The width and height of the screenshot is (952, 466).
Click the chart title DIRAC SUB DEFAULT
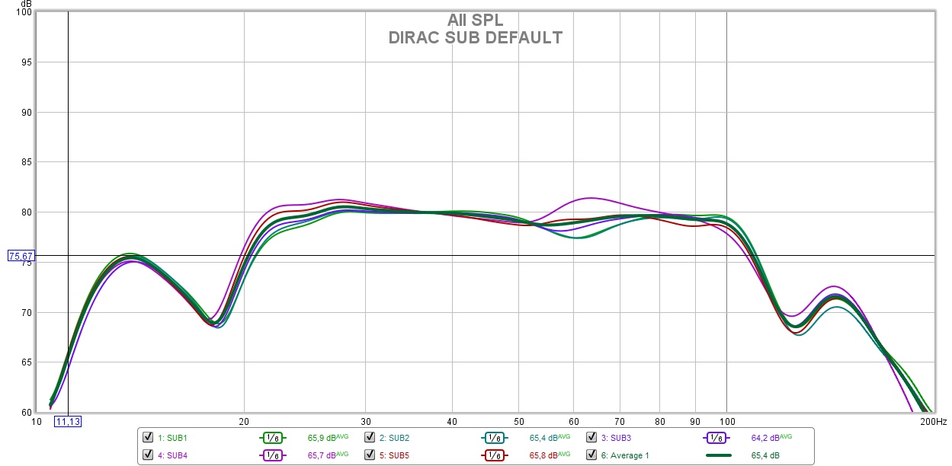click(x=475, y=37)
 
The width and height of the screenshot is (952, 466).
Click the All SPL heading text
click(x=475, y=20)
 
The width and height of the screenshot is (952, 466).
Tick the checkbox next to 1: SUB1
click(x=148, y=438)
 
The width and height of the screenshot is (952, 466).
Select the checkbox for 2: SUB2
click(x=370, y=438)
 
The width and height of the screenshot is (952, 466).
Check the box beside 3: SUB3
click(x=591, y=438)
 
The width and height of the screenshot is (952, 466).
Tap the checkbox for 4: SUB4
click(x=148, y=455)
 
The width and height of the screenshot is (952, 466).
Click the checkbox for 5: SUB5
click(x=370, y=455)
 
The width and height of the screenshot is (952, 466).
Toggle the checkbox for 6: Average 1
click(x=591, y=455)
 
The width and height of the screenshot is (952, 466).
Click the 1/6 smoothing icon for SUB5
click(x=494, y=455)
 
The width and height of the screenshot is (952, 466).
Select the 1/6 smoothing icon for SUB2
click(x=494, y=438)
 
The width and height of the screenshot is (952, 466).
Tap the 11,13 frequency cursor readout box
click(x=68, y=421)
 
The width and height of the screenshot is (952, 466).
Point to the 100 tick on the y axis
click(x=23, y=13)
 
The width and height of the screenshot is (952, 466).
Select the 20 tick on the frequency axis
click(x=244, y=420)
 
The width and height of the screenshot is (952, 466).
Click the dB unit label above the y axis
click(x=27, y=4)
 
